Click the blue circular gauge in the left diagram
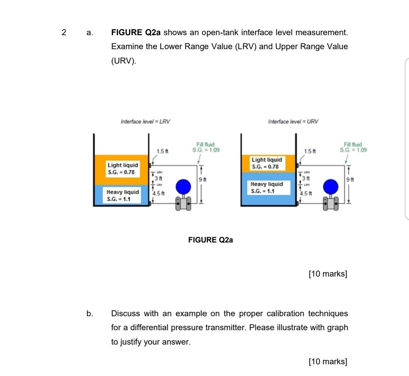coord(183,186)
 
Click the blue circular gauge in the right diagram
coord(330,186)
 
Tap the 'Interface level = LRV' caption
coord(145,122)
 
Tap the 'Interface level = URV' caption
coord(293,122)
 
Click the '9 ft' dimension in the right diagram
coord(352,179)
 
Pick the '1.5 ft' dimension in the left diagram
coord(162,151)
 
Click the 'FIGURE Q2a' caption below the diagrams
coord(211,240)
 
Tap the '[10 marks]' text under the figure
coord(328,273)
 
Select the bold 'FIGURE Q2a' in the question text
coord(136,33)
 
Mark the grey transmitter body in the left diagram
coord(183,204)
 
